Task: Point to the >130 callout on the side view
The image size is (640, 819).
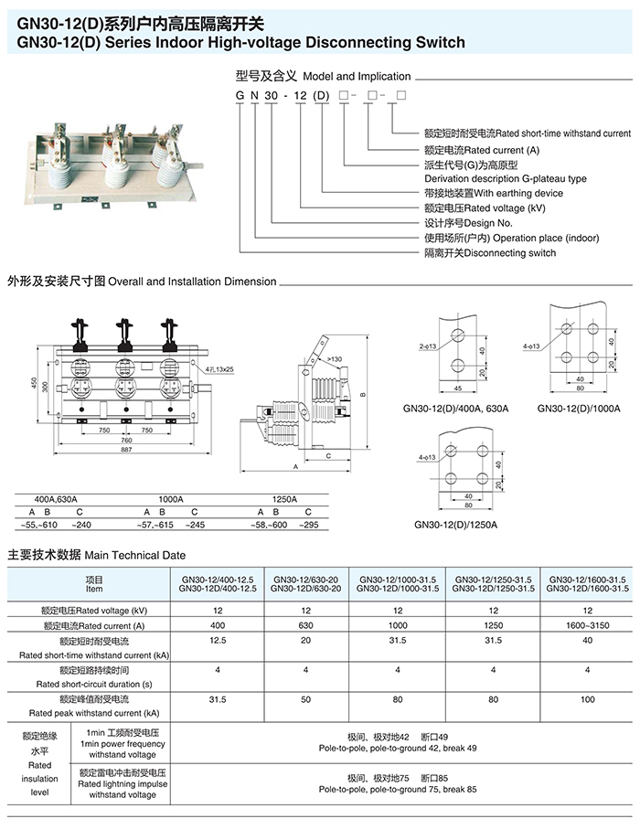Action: pyautogui.click(x=336, y=359)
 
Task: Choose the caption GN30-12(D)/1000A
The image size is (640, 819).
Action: pyautogui.click(x=579, y=409)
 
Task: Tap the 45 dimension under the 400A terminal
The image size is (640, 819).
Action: pyautogui.click(x=456, y=388)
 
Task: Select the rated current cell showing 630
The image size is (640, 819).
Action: pyautogui.click(x=305, y=625)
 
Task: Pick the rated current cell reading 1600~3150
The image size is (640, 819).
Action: pyautogui.click(x=586, y=625)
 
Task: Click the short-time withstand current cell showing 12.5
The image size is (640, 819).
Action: pyautogui.click(x=217, y=641)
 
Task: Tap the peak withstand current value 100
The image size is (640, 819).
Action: pyautogui.click(x=586, y=699)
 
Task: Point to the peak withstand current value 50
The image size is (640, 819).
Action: pyautogui.click(x=305, y=699)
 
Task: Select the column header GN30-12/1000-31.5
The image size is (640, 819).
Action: pyautogui.click(x=398, y=580)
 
